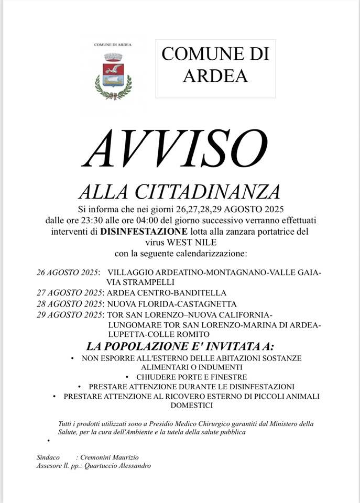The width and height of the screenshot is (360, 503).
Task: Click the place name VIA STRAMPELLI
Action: point(138,282)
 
